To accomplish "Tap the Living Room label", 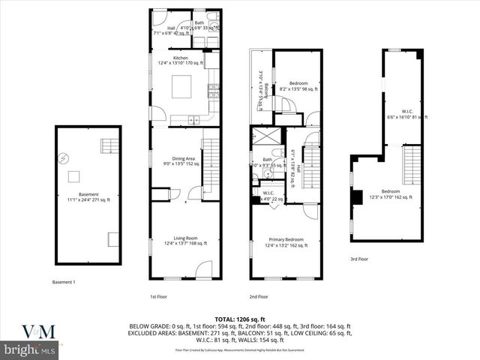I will coord(185,241).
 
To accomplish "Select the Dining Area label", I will coord(180,160).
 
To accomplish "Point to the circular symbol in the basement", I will coord(66,157).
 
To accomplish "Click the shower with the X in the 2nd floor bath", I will coord(264,137).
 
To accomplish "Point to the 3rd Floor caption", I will coord(359,259).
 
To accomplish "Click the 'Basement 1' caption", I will coord(63,282).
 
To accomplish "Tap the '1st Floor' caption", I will coord(158,295).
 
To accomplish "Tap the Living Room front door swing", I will coord(203,270).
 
